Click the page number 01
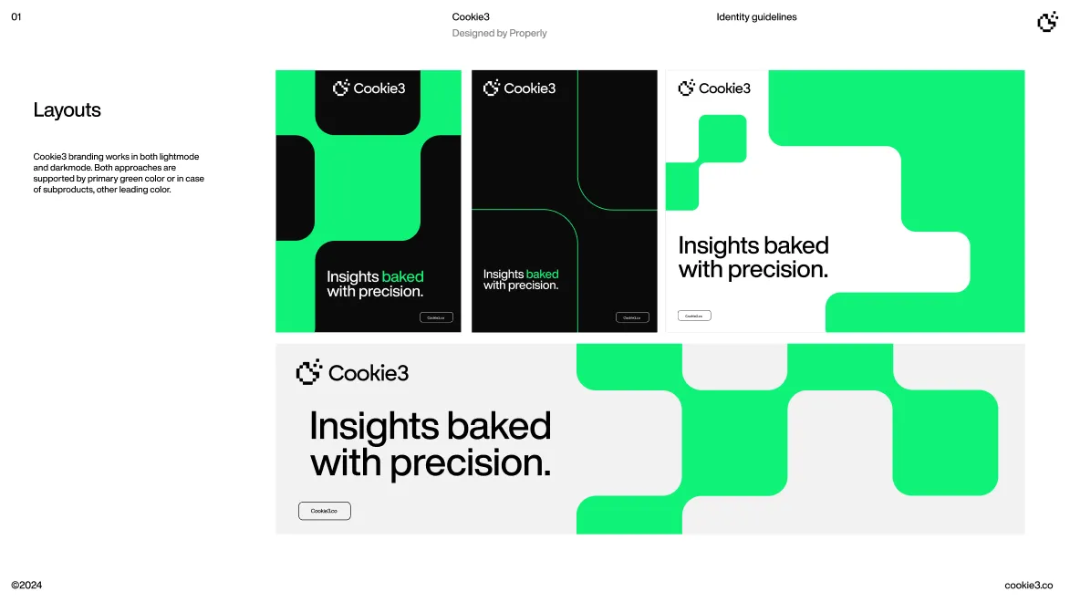tap(16, 17)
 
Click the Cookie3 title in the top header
tap(471, 17)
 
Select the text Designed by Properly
tap(499, 34)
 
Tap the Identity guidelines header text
tap(756, 17)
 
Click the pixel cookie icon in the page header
tap(1047, 22)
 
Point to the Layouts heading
tap(67, 110)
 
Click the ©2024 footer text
tap(26, 586)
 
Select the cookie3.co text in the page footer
tap(1029, 586)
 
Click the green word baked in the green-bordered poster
tap(402, 277)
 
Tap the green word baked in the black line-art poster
tap(542, 275)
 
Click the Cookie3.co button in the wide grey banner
tap(324, 511)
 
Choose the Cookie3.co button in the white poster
tap(694, 316)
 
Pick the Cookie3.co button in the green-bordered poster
tap(436, 317)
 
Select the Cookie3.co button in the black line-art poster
tap(632, 317)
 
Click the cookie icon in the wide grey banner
tap(309, 372)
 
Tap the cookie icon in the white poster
tap(686, 88)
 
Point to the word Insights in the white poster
tap(719, 246)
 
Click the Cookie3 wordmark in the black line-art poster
tap(529, 88)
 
